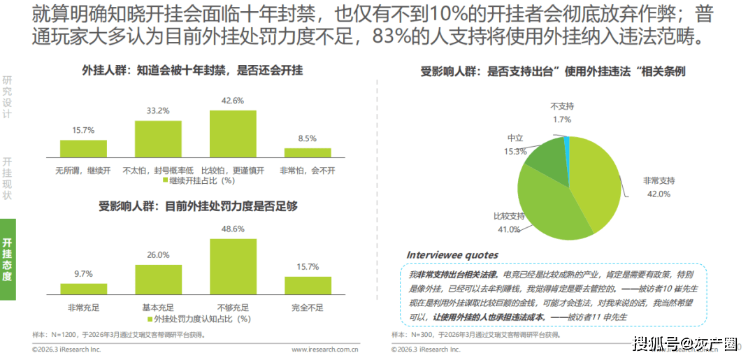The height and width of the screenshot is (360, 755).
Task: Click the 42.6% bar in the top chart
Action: [233, 134]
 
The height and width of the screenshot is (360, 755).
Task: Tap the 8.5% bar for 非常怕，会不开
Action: [308, 152]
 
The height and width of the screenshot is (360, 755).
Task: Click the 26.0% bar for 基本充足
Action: [158, 278]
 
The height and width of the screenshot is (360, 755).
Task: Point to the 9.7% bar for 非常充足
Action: [84, 288]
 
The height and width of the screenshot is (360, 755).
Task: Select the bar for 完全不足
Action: [308, 285]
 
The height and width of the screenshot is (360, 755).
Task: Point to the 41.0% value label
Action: [508, 229]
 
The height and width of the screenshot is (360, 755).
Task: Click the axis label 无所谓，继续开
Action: [84, 170]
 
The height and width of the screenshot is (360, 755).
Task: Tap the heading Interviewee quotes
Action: [452, 254]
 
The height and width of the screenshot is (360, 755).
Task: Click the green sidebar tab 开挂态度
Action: [8, 259]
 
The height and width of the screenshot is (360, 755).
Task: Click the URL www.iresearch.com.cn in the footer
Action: [325, 349]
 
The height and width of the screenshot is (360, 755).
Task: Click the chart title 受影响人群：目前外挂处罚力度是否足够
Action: [199, 206]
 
